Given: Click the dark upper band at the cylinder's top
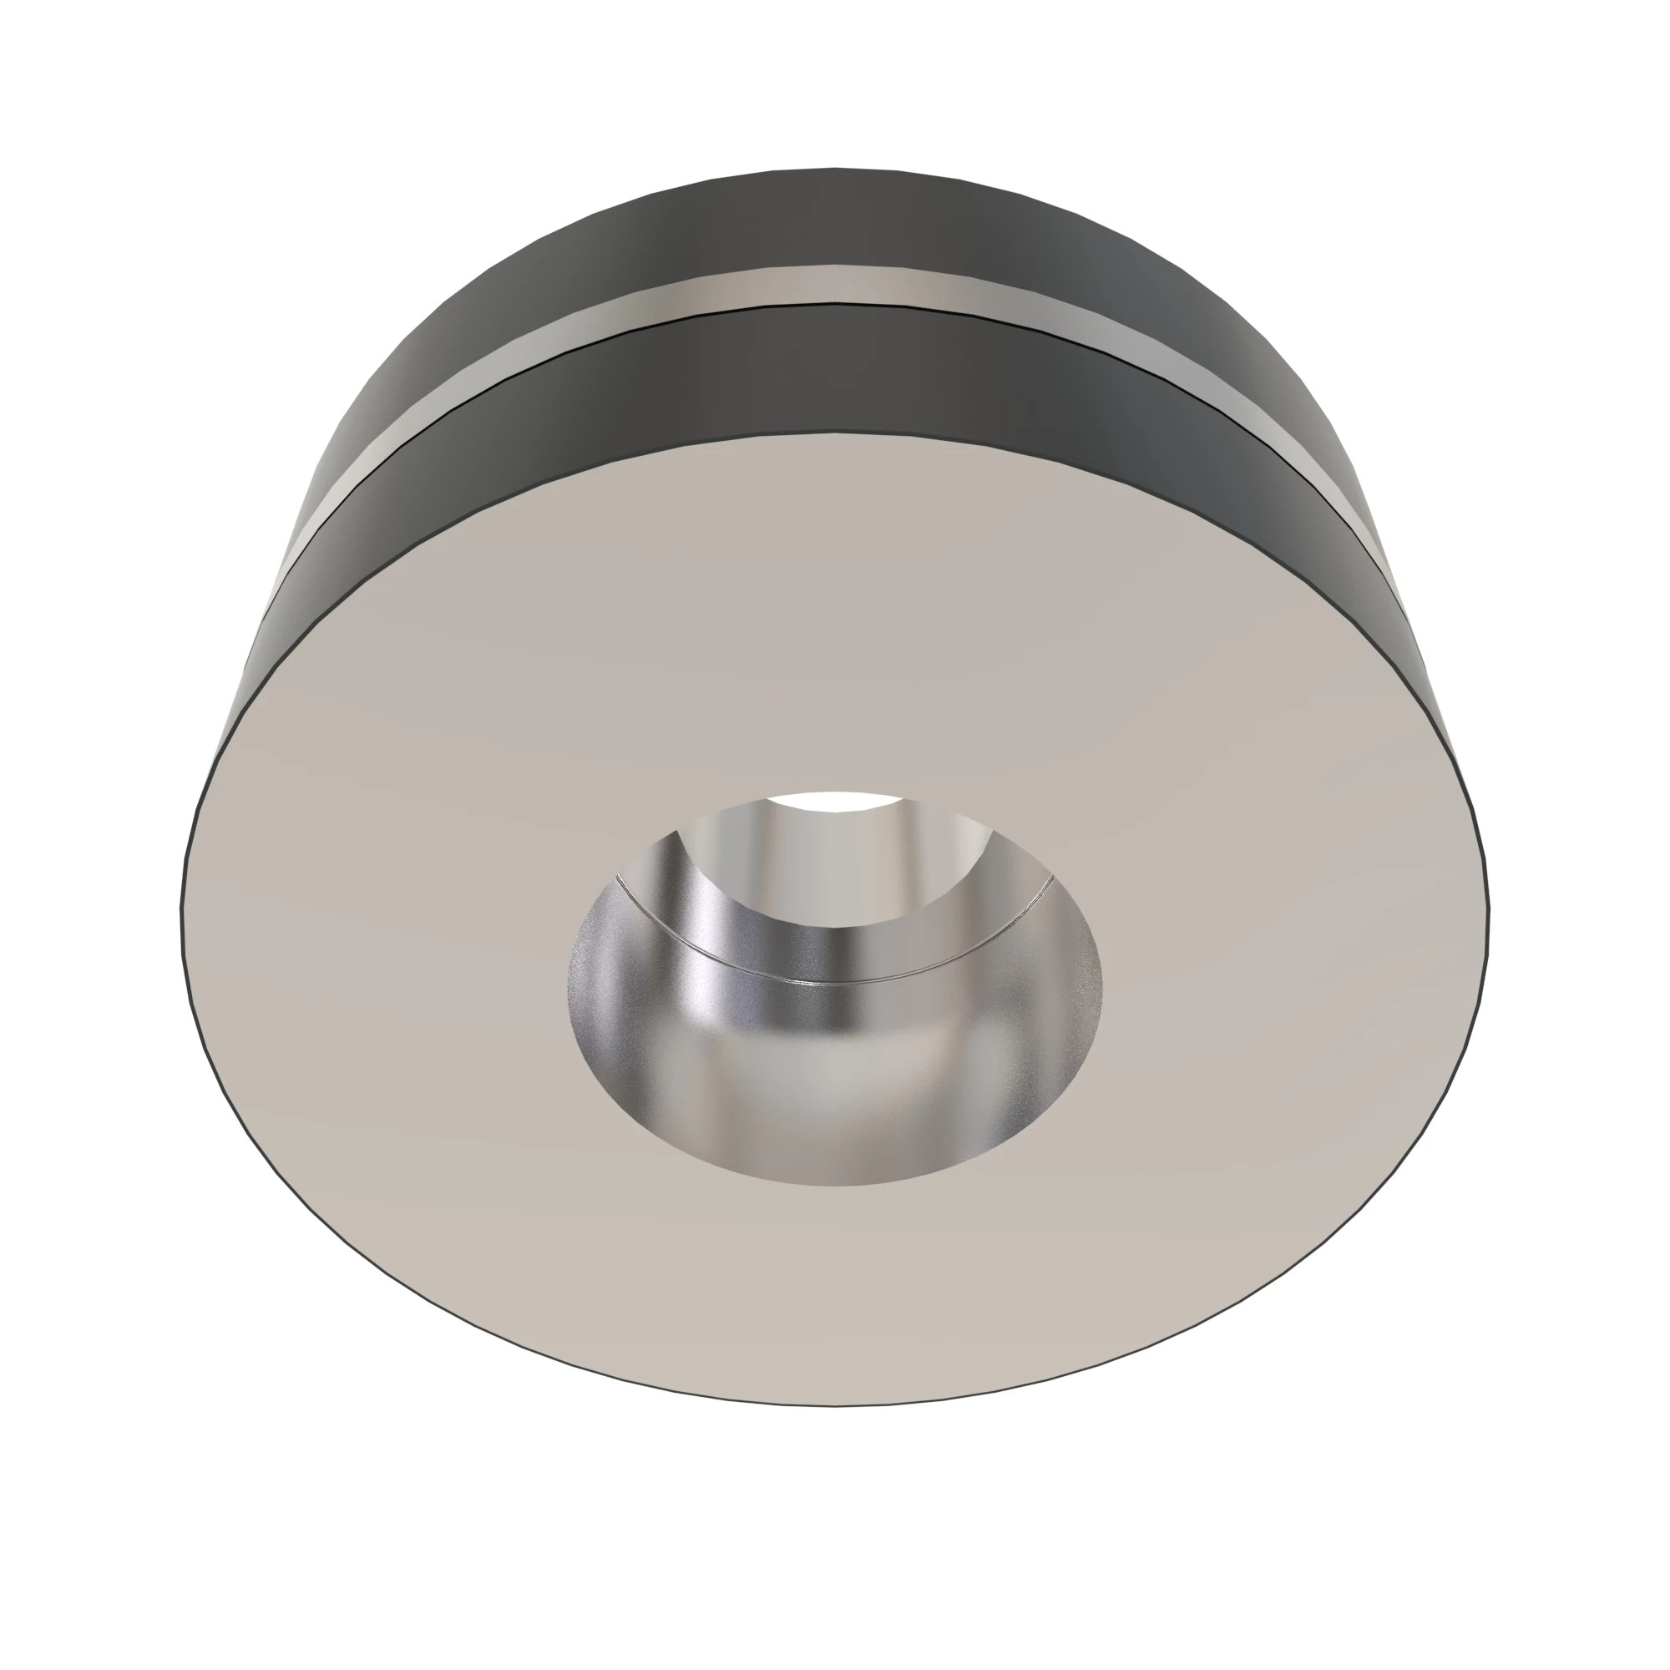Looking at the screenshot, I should tap(835, 216).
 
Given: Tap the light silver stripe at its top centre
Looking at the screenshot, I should tap(835, 286).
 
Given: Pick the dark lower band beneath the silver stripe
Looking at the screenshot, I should tap(835, 372).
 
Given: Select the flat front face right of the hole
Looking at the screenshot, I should tap(1297, 951).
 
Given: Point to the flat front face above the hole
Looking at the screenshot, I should tap(835, 622).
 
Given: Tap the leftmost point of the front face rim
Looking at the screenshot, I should tap(181, 908).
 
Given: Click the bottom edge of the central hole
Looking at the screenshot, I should tap(835, 1184).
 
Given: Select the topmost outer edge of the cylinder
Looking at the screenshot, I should tap(835, 168).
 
